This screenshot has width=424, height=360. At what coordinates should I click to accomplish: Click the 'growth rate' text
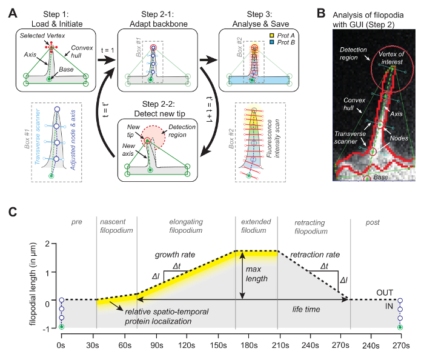(x=174, y=255)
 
